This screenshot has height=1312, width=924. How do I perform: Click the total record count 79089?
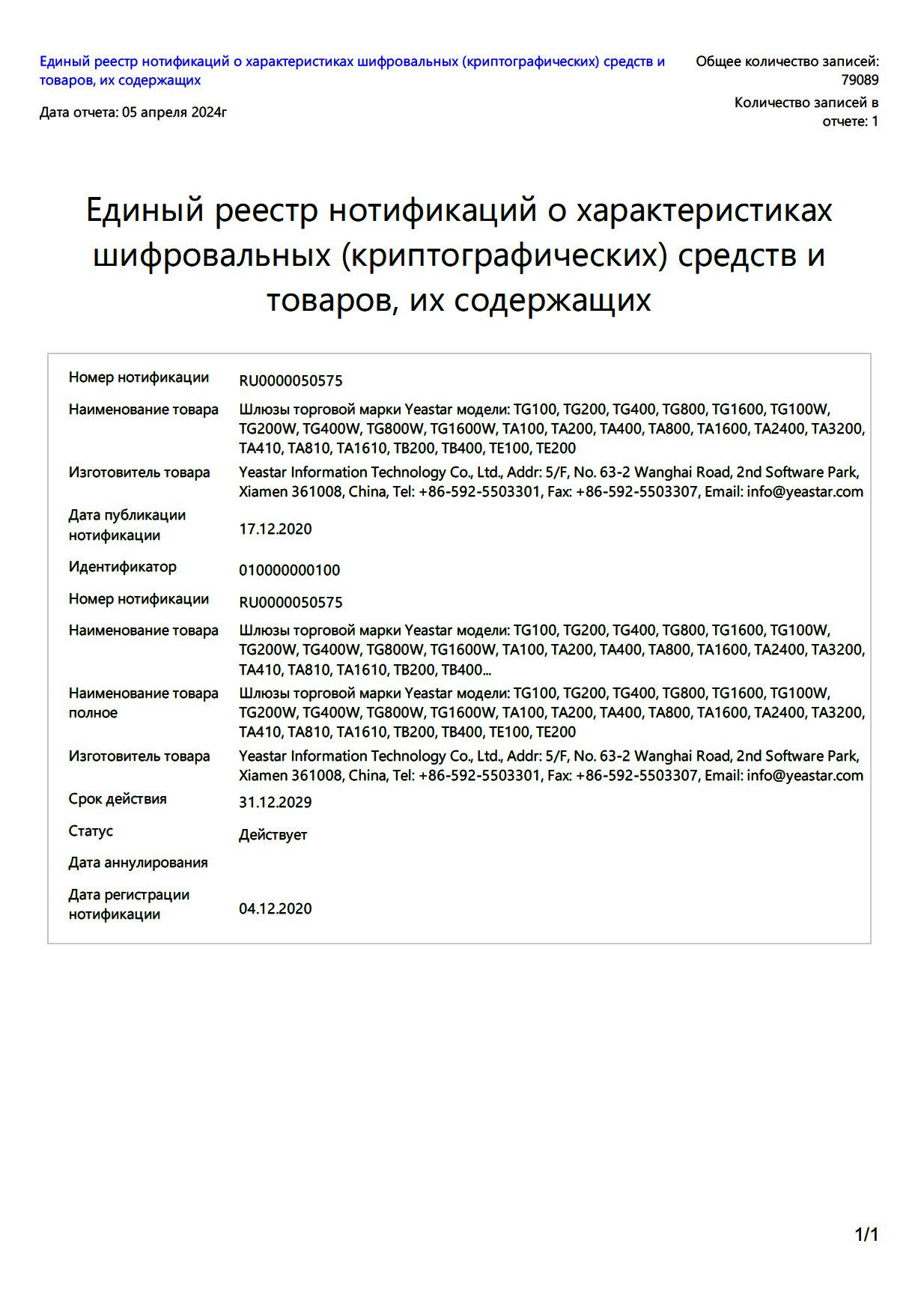click(x=859, y=80)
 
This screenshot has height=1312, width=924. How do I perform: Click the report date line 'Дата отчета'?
click(x=133, y=112)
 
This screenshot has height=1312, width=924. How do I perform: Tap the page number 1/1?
click(x=866, y=1235)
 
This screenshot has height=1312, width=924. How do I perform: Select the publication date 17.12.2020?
click(x=275, y=529)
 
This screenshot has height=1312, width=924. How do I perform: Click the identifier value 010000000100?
click(x=289, y=570)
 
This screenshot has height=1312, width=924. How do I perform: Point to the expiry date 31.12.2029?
click(x=275, y=802)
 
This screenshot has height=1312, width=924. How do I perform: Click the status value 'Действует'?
click(x=273, y=834)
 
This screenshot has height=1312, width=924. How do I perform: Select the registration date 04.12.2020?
click(x=275, y=908)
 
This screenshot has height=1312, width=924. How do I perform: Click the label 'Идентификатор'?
click(x=122, y=567)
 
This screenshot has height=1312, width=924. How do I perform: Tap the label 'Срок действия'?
click(x=118, y=799)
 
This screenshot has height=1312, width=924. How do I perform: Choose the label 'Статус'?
click(x=91, y=831)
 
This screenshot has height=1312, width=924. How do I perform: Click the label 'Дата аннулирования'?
click(x=138, y=863)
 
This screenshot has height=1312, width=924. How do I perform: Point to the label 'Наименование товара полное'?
click(x=143, y=703)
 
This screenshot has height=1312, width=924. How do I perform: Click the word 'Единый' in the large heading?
click(x=145, y=210)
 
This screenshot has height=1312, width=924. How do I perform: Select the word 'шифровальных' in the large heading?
click(x=212, y=255)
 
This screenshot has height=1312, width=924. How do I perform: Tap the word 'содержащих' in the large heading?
click(x=553, y=300)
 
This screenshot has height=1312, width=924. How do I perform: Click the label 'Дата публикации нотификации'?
click(x=127, y=525)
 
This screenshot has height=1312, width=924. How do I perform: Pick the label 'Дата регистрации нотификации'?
click(x=129, y=904)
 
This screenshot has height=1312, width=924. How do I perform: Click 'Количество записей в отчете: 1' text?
click(x=806, y=112)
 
